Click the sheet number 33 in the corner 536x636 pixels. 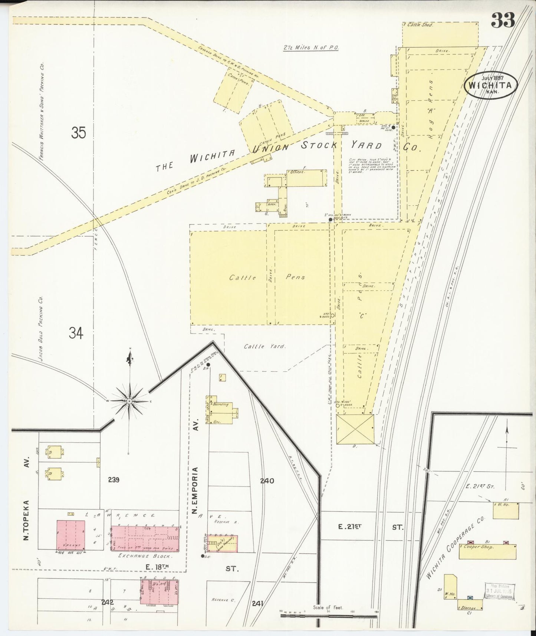coord(503,20)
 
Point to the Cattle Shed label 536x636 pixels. coord(420,25)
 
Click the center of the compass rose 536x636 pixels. coord(129,401)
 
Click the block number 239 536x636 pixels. coord(114,480)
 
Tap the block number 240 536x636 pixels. coord(267,481)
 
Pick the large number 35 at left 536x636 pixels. coord(79,132)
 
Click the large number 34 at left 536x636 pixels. coord(76,333)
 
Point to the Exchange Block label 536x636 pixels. coord(144,556)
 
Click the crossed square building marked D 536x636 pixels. coord(355,429)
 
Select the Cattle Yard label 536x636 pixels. coord(265,346)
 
